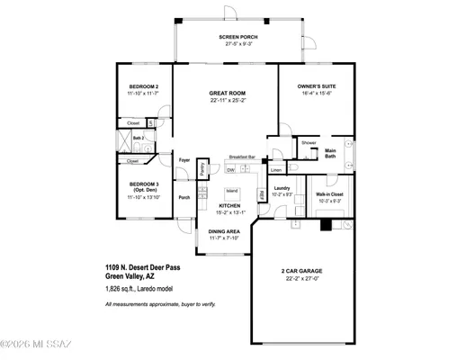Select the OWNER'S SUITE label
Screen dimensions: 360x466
click(x=316, y=86)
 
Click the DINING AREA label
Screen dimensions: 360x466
click(x=226, y=231)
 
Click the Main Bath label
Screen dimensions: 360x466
click(x=330, y=153)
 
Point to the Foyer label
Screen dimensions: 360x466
click(x=184, y=159)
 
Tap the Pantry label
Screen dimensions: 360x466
click(x=203, y=167)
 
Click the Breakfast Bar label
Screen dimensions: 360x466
click(x=242, y=156)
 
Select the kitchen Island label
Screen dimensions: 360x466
click(x=231, y=190)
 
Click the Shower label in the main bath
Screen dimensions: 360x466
click(x=309, y=142)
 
